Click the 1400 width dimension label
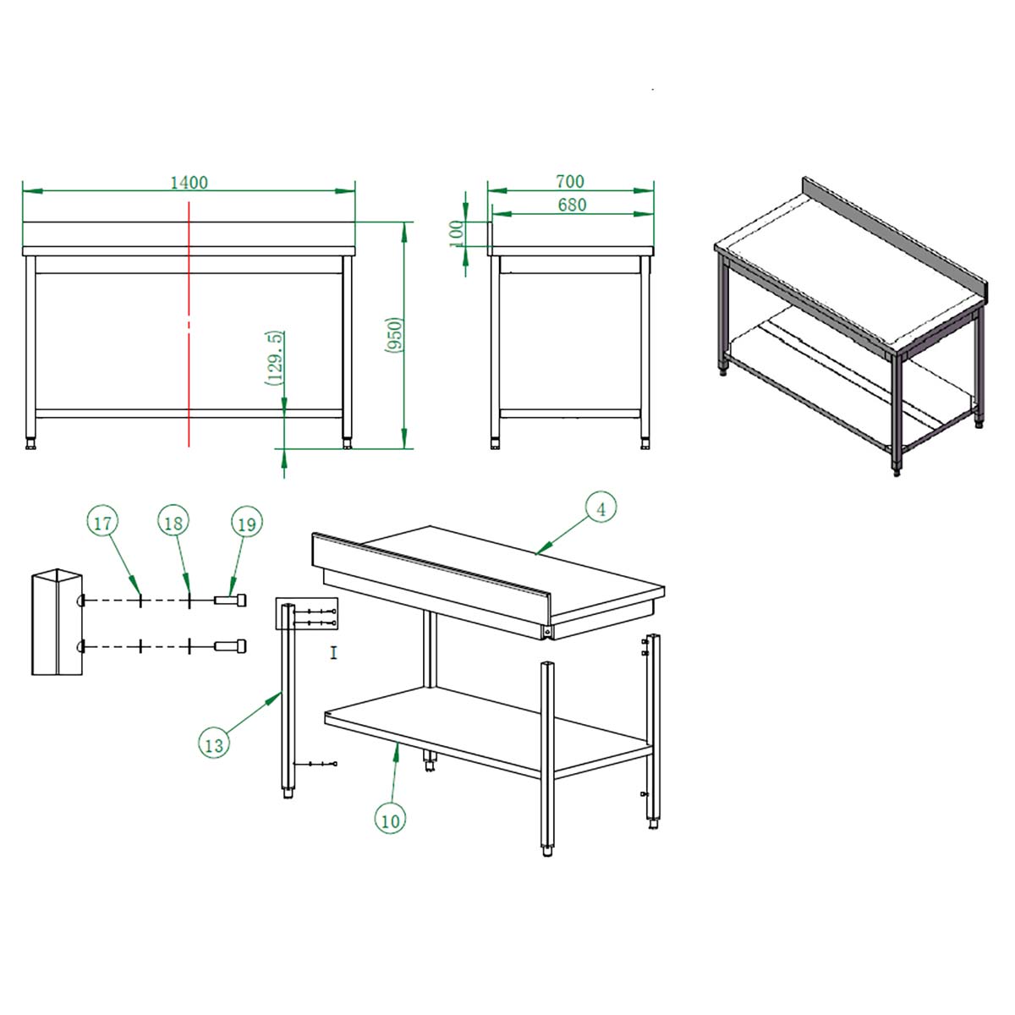[x=189, y=182]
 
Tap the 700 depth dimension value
[x=570, y=181]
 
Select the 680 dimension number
[x=572, y=205]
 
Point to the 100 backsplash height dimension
[x=456, y=233]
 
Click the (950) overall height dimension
[x=394, y=335]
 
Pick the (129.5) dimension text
[x=275, y=359]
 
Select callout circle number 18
[x=173, y=523]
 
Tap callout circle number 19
[x=246, y=524]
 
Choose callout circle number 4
[x=601, y=507]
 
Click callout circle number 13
[x=214, y=745]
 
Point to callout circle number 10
[x=390, y=821]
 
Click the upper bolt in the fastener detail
[x=230, y=600]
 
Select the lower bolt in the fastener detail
[x=230, y=645]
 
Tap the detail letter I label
[x=333, y=653]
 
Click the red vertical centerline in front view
[x=189, y=324]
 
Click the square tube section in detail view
[x=57, y=622]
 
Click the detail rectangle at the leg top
[x=306, y=613]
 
